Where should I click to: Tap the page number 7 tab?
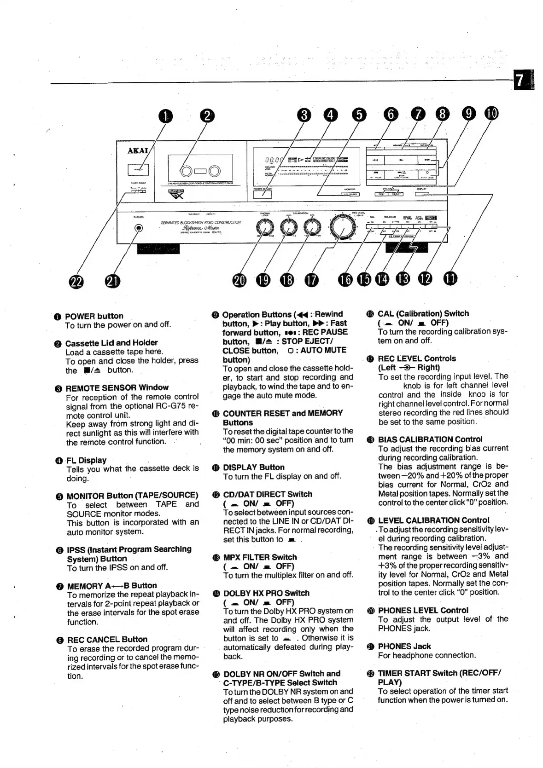pyautogui.click(x=520, y=81)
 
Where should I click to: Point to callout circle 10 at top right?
pyautogui.click(x=491, y=113)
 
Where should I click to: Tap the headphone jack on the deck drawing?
pyautogui.click(x=139, y=228)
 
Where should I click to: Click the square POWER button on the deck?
pyautogui.click(x=137, y=170)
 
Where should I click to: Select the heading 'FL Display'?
pyautogui.click(x=86, y=460)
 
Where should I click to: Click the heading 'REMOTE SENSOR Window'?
pyautogui.click(x=117, y=387)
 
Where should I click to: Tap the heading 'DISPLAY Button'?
pyautogui.click(x=253, y=467)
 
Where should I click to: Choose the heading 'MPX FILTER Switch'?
pyautogui.click(x=260, y=557)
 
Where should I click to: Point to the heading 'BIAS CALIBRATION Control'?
pyautogui.click(x=430, y=439)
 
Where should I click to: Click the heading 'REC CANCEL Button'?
pyautogui.click(x=107, y=639)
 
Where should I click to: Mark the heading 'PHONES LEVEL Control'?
pyautogui.click(x=423, y=610)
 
